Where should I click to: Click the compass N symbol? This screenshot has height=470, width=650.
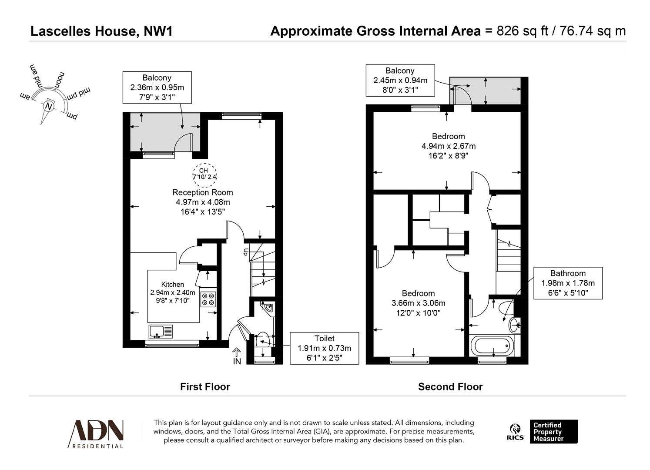point(49,106)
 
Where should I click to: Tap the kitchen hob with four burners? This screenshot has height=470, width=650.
point(209,299)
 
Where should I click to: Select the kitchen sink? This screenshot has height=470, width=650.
point(161,331)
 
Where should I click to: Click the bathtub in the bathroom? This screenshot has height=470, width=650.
point(492,346)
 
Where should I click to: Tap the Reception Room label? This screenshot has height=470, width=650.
point(203,192)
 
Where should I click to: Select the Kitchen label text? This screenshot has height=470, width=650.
point(173,285)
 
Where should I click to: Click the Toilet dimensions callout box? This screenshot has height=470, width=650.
point(324,348)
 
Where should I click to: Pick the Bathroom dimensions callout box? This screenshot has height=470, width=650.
point(568,283)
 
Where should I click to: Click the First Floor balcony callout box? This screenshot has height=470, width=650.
point(157,87)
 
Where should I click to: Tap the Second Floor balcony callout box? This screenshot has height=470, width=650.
point(400,80)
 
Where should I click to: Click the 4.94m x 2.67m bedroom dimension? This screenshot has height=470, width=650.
point(448,146)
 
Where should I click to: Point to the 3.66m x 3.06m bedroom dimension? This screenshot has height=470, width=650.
point(418,303)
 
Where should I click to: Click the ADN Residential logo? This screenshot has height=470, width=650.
point(96,433)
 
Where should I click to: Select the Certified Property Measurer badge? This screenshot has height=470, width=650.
point(554,432)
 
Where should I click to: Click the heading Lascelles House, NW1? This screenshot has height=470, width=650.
point(101,31)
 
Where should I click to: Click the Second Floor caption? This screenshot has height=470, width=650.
point(450,386)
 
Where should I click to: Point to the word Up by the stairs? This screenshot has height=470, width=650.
point(246,252)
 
